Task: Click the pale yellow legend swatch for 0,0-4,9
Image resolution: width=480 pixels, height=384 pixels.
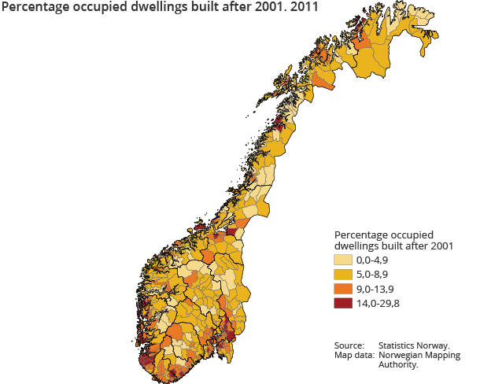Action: (x=342, y=260)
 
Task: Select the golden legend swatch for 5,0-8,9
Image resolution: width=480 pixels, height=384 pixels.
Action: (x=342, y=275)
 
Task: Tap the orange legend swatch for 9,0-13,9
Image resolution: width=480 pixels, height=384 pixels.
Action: (x=342, y=289)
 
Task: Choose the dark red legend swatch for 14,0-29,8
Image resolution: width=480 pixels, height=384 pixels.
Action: (x=342, y=304)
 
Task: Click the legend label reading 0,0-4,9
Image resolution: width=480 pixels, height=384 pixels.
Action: (x=373, y=260)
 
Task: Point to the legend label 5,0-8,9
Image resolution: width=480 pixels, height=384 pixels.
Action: (x=373, y=275)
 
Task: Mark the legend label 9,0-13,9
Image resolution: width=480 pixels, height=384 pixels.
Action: (x=375, y=289)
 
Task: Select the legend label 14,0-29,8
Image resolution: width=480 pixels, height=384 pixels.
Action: (x=378, y=304)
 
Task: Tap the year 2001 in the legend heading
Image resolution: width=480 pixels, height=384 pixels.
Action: (x=441, y=246)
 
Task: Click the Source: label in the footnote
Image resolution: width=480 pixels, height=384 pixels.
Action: (x=349, y=345)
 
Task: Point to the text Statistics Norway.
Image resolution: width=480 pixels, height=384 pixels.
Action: (x=414, y=345)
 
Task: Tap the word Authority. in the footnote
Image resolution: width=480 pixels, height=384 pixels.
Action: (x=398, y=364)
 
